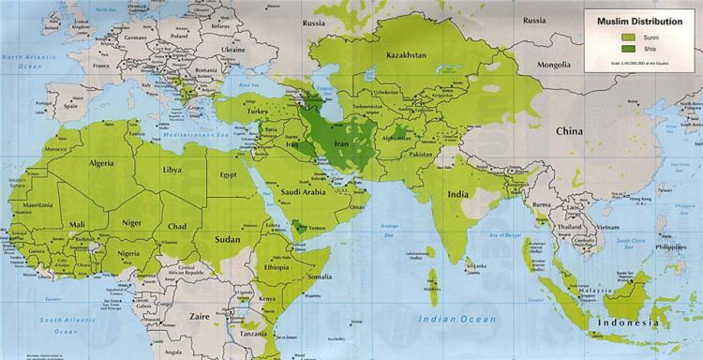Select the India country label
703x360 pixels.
(x=457, y=194)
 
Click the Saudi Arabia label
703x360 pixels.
(x=302, y=192)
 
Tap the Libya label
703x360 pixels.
(x=172, y=170)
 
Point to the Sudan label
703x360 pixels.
(x=229, y=239)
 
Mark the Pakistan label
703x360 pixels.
(x=419, y=153)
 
